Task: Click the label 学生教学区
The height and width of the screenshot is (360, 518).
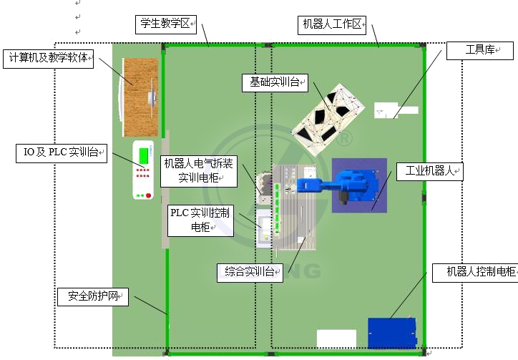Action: click(x=165, y=24)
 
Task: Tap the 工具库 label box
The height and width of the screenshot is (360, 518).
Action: click(x=480, y=50)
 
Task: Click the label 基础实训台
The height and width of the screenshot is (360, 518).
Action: click(x=275, y=83)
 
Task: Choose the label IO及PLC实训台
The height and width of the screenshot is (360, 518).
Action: click(x=62, y=152)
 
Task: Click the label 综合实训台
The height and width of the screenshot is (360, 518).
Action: click(x=250, y=271)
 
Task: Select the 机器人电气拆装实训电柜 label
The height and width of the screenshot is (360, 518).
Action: click(x=198, y=170)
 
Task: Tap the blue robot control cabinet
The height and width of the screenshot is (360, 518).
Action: click(x=391, y=333)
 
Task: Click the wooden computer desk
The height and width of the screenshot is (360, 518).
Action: click(x=141, y=97)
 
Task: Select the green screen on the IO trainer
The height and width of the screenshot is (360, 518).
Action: click(x=145, y=154)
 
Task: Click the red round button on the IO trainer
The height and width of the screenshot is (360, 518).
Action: click(x=149, y=195)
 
